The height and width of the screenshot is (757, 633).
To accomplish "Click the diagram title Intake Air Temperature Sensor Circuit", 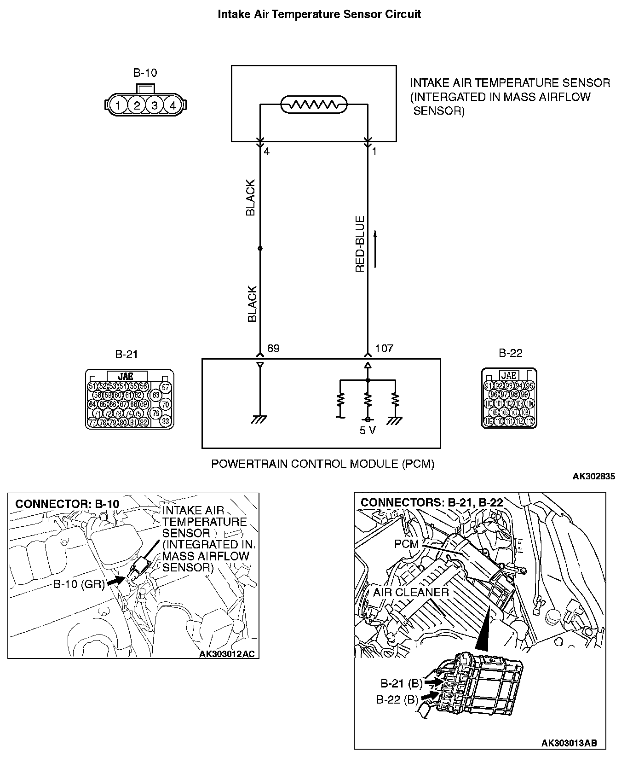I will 319,14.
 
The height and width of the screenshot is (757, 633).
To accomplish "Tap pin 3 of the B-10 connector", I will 155,105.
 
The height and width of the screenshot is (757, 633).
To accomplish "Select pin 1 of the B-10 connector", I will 118,105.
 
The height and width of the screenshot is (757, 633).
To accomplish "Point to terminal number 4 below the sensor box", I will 267,151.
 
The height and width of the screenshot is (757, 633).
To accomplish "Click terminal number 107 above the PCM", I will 384,349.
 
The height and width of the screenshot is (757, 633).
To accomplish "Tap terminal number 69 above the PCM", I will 273,349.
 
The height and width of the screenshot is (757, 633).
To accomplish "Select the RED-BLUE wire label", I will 360,244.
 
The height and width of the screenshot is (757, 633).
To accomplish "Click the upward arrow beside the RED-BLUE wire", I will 375,249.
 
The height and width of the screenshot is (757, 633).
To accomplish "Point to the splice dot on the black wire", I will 260,248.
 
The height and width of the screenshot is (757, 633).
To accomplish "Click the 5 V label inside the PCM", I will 368,431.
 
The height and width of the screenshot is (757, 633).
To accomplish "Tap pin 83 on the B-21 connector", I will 166,420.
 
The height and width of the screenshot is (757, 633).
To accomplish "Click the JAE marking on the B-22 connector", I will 508,375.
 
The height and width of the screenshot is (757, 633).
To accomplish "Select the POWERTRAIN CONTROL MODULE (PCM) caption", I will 322,464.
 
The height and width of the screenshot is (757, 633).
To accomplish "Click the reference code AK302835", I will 593,477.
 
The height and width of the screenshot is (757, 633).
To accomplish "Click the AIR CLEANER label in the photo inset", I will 410,592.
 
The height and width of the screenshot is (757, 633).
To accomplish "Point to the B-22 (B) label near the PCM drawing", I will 397,700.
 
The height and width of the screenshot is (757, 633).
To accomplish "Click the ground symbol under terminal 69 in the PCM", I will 260,419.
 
